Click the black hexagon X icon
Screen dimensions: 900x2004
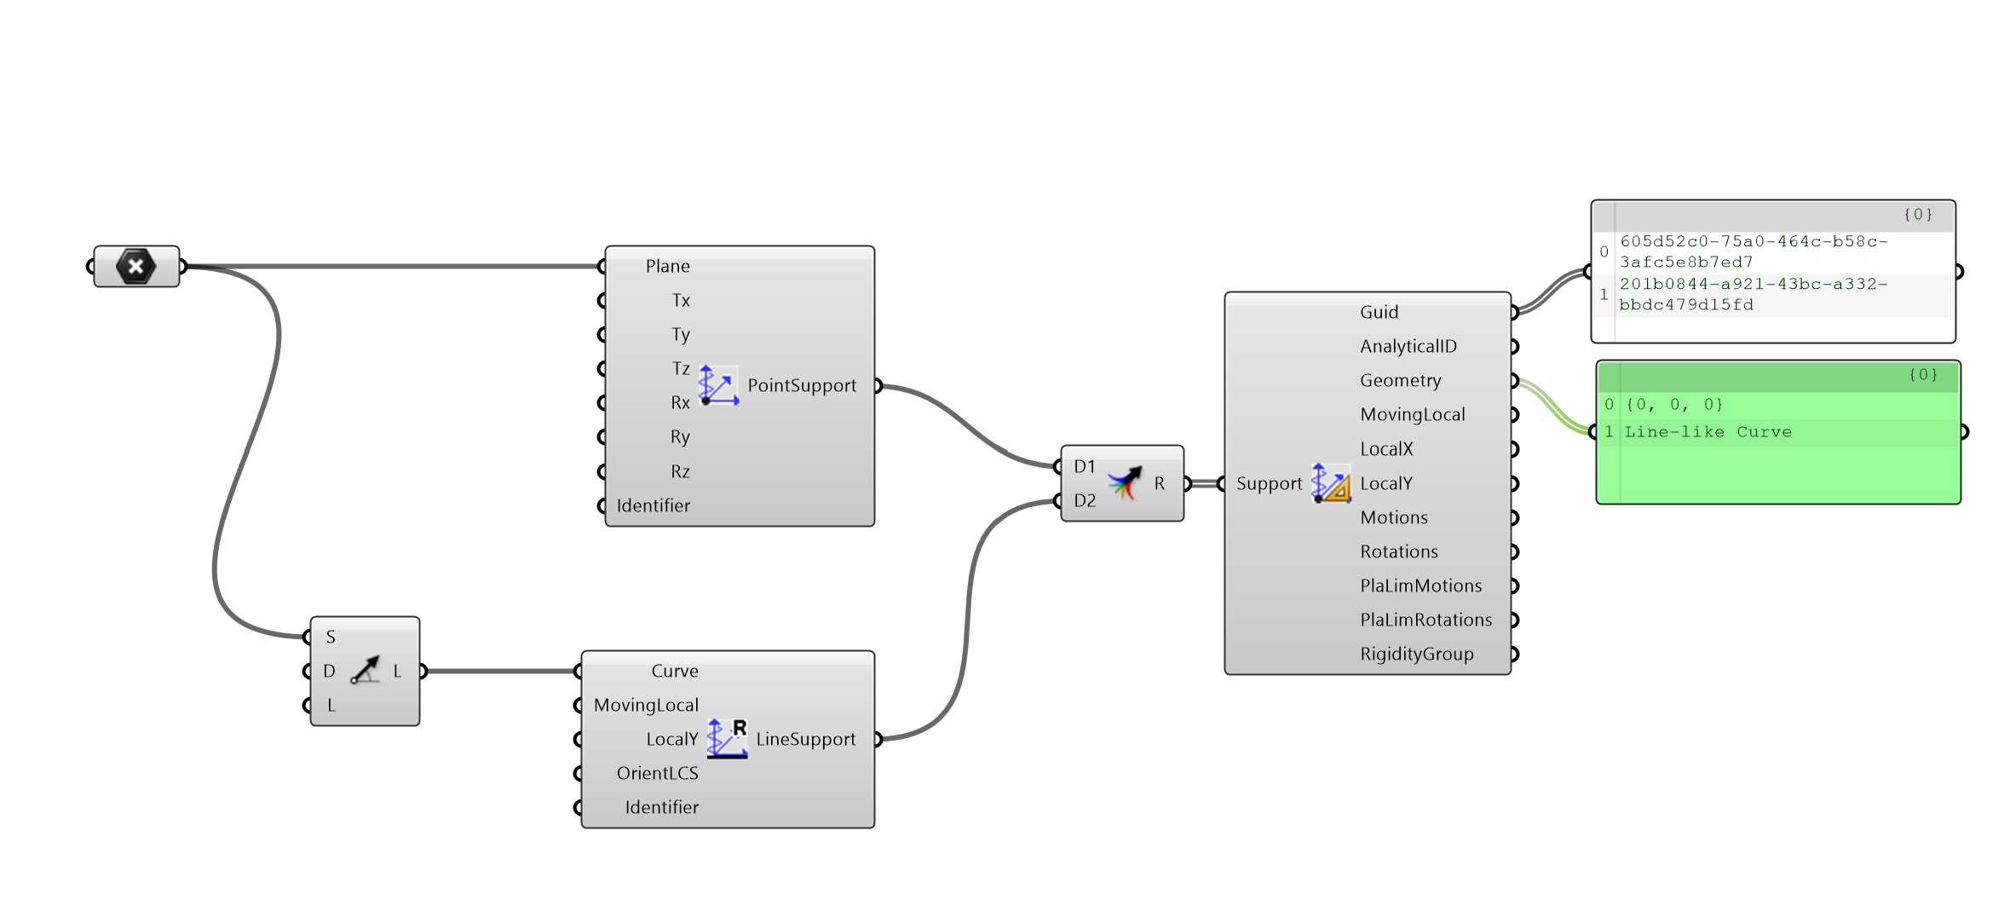pos(136,267)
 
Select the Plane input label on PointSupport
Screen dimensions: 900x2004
pos(667,267)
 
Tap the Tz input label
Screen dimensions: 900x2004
pos(680,368)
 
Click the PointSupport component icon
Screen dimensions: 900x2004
pos(718,385)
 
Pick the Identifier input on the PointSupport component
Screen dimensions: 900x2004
pos(653,505)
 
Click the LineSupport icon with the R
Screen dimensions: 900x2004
pos(727,738)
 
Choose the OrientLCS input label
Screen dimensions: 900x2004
pos(657,773)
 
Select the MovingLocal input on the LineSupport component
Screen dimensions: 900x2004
pos(646,705)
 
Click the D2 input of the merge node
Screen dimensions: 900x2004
pos(1084,500)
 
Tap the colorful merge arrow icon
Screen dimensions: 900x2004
pos(1125,483)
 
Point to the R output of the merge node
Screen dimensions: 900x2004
pos(1160,483)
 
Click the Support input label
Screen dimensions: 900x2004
pos(1269,483)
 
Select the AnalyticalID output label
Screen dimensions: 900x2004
pos(1408,346)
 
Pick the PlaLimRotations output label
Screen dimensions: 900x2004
pos(1425,620)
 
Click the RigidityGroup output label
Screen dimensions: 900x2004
pos(1416,654)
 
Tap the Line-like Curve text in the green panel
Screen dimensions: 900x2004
pos(1707,432)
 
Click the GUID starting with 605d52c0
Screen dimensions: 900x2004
pos(1753,251)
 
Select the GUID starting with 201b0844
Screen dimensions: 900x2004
pos(1753,294)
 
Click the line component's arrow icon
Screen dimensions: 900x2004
pos(366,671)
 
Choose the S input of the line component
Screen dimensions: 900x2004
pos(331,637)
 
